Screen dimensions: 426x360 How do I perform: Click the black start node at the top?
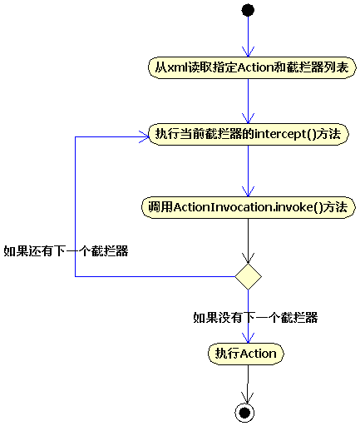[248, 10]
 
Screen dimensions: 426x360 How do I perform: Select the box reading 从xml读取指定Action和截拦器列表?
[248, 67]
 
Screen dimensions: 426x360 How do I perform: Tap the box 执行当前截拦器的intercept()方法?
[248, 134]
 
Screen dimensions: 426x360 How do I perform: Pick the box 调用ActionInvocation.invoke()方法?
[248, 206]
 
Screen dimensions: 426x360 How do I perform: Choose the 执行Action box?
[246, 354]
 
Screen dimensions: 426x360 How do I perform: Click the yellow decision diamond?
[248, 275]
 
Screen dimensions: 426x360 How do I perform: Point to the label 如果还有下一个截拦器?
[66, 250]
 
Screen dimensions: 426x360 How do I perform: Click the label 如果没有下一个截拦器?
[255, 317]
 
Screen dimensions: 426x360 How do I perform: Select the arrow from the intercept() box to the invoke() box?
[248, 170]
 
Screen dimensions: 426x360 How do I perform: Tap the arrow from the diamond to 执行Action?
[248, 329]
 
